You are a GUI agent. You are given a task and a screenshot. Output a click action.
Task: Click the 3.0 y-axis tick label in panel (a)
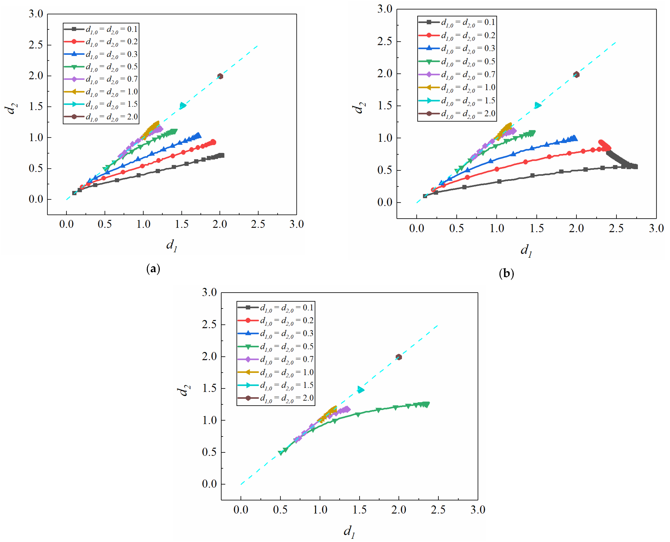36,14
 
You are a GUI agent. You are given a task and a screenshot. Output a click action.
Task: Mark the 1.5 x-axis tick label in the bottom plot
359,510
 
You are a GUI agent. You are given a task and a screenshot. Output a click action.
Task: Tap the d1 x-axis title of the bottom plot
349,531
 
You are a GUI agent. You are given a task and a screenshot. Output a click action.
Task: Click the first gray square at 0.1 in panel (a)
74,193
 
